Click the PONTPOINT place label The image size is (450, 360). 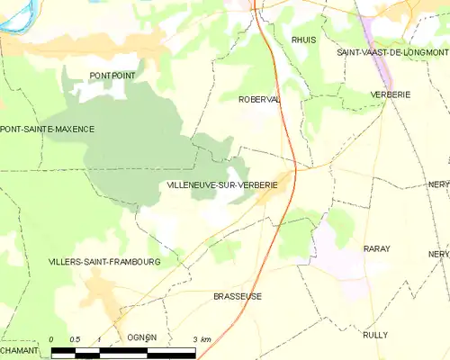112,76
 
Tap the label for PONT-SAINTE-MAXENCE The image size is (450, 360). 47,130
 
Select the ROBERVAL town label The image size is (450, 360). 259,100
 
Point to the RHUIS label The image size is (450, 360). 303,40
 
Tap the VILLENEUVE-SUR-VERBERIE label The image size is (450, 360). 221,184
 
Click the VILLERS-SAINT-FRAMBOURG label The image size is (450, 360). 104,262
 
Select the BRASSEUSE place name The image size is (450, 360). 238,296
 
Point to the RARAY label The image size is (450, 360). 376,247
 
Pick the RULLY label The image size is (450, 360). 375,334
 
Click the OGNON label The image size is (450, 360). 142,337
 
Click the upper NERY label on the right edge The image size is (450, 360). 438,184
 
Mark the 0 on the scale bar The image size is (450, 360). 51,339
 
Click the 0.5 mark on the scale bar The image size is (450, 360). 75,339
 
